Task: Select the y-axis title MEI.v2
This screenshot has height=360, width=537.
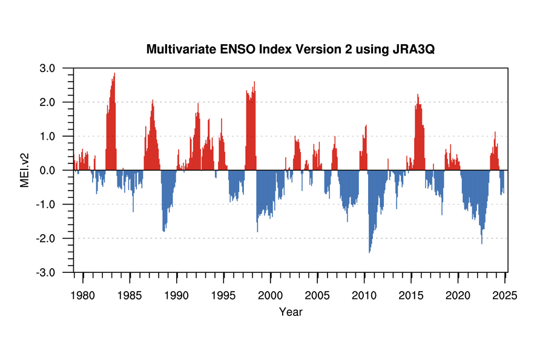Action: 25,170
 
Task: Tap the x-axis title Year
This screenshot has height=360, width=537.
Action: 291,312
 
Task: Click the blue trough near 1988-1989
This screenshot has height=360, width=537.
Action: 163,230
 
